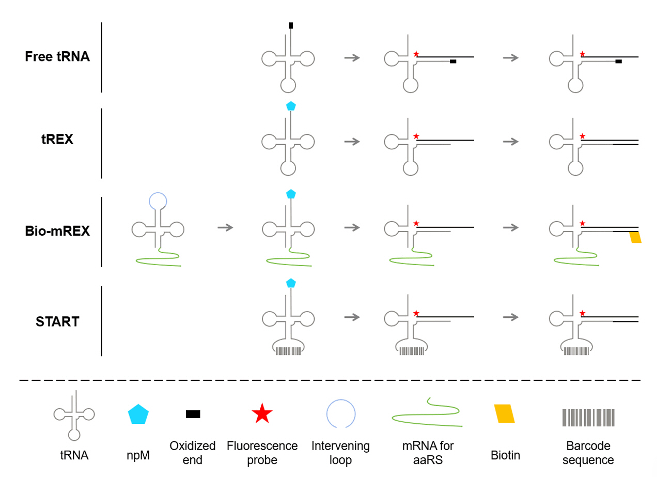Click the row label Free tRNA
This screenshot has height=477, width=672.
pos(57,56)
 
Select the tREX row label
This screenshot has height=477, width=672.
pos(57,139)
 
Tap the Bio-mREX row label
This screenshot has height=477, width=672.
pos(57,230)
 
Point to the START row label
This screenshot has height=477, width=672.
pos(57,321)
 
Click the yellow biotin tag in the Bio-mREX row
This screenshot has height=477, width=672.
pos(635,237)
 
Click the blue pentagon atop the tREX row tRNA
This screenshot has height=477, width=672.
pos(291,106)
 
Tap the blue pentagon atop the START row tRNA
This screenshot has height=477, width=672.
pos(291,283)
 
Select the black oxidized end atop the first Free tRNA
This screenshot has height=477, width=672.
pos(291,25)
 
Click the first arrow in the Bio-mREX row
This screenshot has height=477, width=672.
pos(225,227)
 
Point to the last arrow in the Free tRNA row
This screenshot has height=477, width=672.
pos(511,57)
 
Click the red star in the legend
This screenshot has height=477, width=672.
pos(262,414)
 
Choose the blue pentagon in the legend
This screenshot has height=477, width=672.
pos(138,414)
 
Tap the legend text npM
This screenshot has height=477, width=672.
pos(138,455)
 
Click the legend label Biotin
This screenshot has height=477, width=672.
pos(505,455)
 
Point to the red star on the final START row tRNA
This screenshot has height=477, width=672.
pos(582,313)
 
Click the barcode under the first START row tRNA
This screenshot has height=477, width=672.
pos(288,351)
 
